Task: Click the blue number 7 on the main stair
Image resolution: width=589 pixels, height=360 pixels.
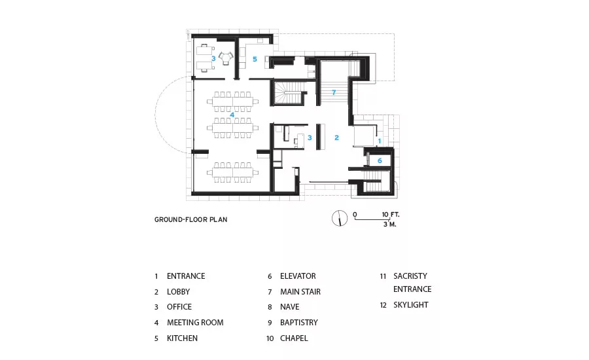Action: coord(334,92)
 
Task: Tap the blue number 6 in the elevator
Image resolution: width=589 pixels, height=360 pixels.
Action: coord(380,160)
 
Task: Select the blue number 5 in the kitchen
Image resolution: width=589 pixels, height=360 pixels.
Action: coord(255,59)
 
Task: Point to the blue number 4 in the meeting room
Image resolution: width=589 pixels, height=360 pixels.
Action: coord(232,115)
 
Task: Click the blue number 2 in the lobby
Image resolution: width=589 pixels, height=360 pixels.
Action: coord(336,138)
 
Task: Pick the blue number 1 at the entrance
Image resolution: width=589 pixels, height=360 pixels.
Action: coord(380,141)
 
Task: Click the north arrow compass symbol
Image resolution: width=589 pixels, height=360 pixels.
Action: coord(340,218)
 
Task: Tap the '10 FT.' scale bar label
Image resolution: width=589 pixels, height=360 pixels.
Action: coord(391,215)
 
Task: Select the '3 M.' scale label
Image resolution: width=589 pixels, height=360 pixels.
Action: coord(390,225)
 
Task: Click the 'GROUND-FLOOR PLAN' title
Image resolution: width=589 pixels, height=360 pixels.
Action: coord(191,219)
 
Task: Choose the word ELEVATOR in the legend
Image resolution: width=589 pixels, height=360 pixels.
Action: coord(298,276)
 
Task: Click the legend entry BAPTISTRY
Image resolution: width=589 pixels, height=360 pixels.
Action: coord(299,323)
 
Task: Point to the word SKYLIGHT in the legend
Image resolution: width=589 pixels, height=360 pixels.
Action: coord(410,305)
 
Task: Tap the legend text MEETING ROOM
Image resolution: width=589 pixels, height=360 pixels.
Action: coord(195,323)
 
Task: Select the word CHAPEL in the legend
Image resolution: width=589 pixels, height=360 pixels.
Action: coord(294,338)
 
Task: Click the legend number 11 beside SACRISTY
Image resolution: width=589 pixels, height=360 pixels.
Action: coord(383,276)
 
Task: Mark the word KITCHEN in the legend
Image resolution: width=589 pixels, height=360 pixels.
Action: coord(182,338)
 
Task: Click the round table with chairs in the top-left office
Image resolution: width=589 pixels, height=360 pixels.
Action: coord(226,58)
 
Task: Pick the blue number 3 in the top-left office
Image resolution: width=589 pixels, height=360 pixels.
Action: coord(213,59)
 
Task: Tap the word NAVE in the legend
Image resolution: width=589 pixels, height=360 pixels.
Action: coord(290,307)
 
